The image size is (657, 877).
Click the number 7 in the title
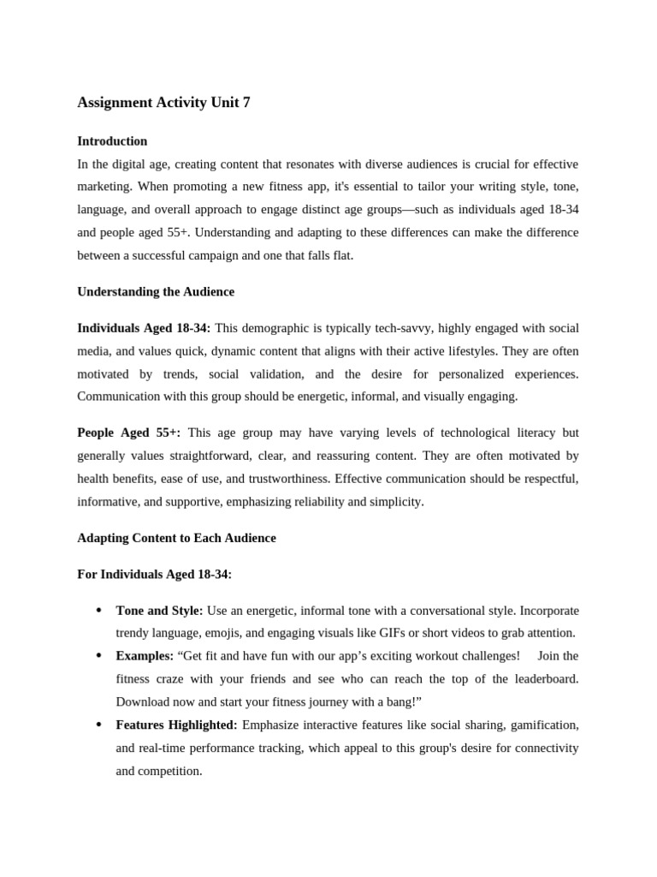246,103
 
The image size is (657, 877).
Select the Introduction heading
112,141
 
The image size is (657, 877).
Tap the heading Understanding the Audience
156,292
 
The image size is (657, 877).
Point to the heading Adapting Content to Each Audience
176,539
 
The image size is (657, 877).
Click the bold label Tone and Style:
159,611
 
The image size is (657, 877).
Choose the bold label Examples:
145,656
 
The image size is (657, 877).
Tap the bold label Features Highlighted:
176,725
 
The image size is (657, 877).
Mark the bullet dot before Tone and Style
98,611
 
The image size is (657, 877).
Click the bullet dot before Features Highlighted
98,725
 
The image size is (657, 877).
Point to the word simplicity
395,502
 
